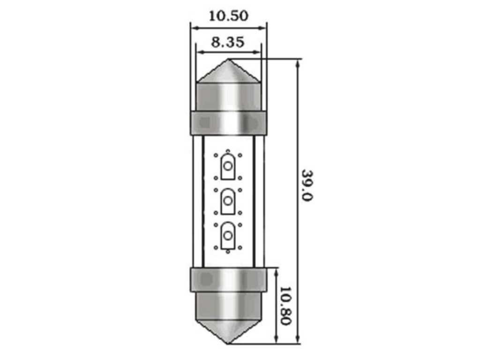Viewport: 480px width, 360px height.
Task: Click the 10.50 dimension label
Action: [228, 15]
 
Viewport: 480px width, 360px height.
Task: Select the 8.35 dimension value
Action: [228, 42]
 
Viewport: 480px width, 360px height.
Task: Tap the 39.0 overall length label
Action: [307, 185]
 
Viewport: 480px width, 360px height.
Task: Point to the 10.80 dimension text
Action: [285, 306]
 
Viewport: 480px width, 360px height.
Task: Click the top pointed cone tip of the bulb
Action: [228, 59]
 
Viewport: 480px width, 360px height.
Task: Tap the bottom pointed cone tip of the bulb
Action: [228, 343]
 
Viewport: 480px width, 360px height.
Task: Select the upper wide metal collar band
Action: [228, 123]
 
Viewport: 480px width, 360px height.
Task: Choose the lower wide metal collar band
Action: [228, 279]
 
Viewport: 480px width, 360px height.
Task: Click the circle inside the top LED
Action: [227, 166]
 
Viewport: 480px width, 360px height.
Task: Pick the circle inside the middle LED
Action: [227, 201]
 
